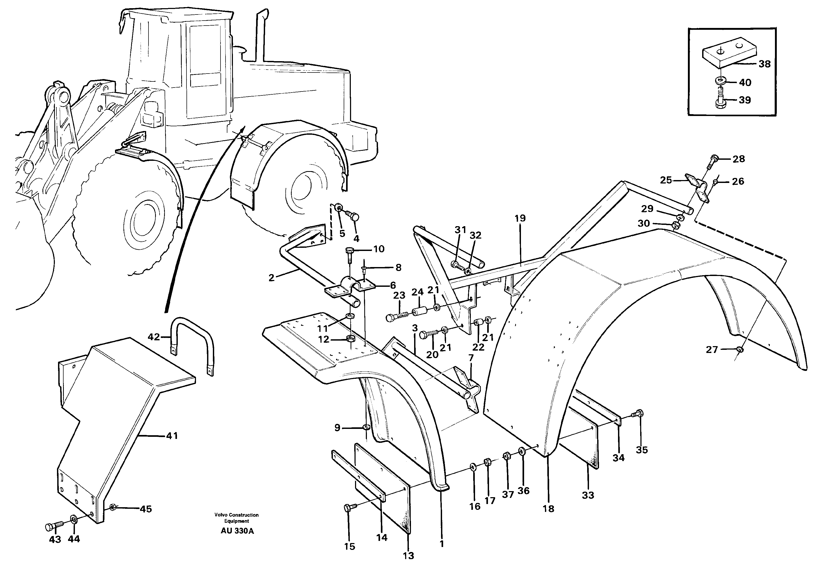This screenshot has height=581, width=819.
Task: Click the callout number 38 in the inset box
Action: (765, 64)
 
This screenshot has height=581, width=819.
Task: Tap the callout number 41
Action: (171, 436)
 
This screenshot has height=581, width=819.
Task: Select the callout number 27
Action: (712, 350)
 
